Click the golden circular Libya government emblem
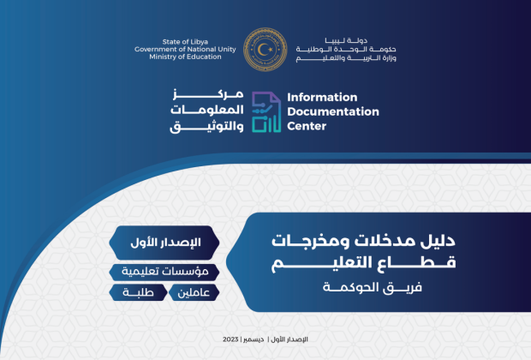click(x=265, y=49)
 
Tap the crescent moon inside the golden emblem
click(x=262, y=50)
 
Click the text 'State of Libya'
click(x=185, y=42)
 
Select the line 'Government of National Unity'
click(x=185, y=49)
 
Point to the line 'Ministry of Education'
click(x=185, y=57)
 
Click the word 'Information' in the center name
click(x=322, y=98)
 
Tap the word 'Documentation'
click(x=333, y=111)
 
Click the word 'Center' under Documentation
click(x=307, y=126)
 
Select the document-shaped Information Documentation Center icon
click(x=266, y=112)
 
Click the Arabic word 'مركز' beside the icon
click(x=208, y=94)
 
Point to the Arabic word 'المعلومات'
click(x=207, y=110)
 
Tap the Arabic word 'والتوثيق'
click(x=206, y=126)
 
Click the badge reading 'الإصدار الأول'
click(x=164, y=243)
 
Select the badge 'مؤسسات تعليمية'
click(x=164, y=272)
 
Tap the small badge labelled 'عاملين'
click(x=194, y=292)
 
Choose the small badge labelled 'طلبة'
click(x=138, y=292)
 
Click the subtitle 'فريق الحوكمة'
click(x=373, y=287)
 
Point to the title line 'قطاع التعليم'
click(x=363, y=263)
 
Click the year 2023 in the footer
click(x=230, y=339)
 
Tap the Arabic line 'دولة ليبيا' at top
click(x=346, y=40)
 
